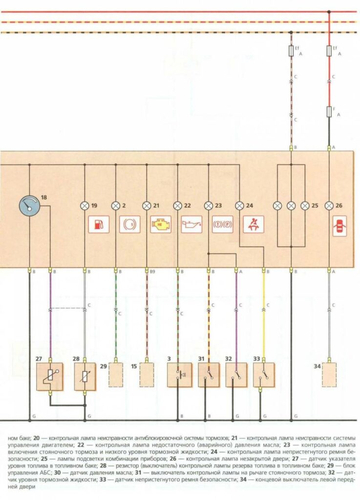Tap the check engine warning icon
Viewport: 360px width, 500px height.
point(161,225)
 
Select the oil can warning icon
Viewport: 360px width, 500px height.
point(191,225)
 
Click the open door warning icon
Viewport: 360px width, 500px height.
point(339,227)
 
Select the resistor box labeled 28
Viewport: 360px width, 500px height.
point(85,376)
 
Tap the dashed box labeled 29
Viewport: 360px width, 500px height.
point(116,375)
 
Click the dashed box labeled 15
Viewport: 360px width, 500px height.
point(147,375)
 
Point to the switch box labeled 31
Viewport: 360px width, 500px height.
point(209,375)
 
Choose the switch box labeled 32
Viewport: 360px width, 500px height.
point(236,375)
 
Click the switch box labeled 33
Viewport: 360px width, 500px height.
point(264,375)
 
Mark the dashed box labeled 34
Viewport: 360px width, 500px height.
point(329,375)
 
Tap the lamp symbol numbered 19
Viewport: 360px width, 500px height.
point(85,206)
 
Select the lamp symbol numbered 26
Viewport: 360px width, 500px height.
point(329,206)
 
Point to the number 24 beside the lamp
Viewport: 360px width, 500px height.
point(250,206)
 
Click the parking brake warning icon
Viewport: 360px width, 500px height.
point(222,225)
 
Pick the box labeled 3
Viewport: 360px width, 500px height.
point(178,375)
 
